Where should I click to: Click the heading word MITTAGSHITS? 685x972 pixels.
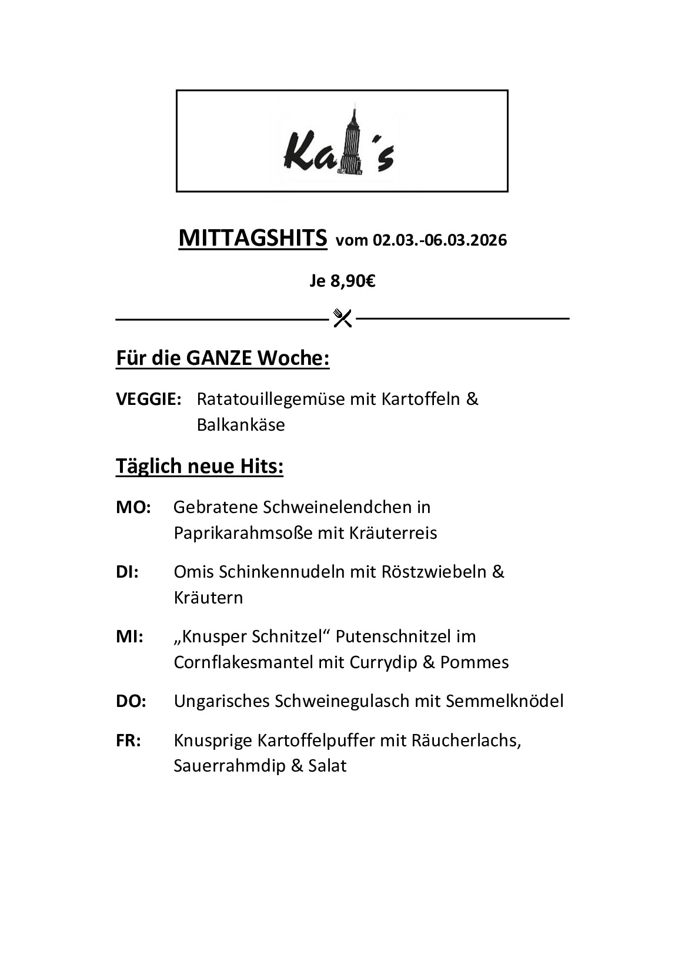[x=252, y=238]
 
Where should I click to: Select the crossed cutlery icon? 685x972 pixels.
[x=342, y=318]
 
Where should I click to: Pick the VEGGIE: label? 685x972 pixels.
[x=148, y=399]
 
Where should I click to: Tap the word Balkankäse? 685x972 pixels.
[x=240, y=425]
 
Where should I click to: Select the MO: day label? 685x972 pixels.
[x=133, y=507]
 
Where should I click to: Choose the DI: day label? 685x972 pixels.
[x=127, y=572]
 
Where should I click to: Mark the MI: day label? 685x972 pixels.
[x=129, y=636]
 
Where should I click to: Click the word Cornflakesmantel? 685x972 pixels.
[x=243, y=662]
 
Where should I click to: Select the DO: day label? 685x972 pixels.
[x=131, y=701]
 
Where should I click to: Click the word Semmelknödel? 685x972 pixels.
[x=504, y=701]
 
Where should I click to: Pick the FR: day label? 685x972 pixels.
[x=128, y=740]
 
